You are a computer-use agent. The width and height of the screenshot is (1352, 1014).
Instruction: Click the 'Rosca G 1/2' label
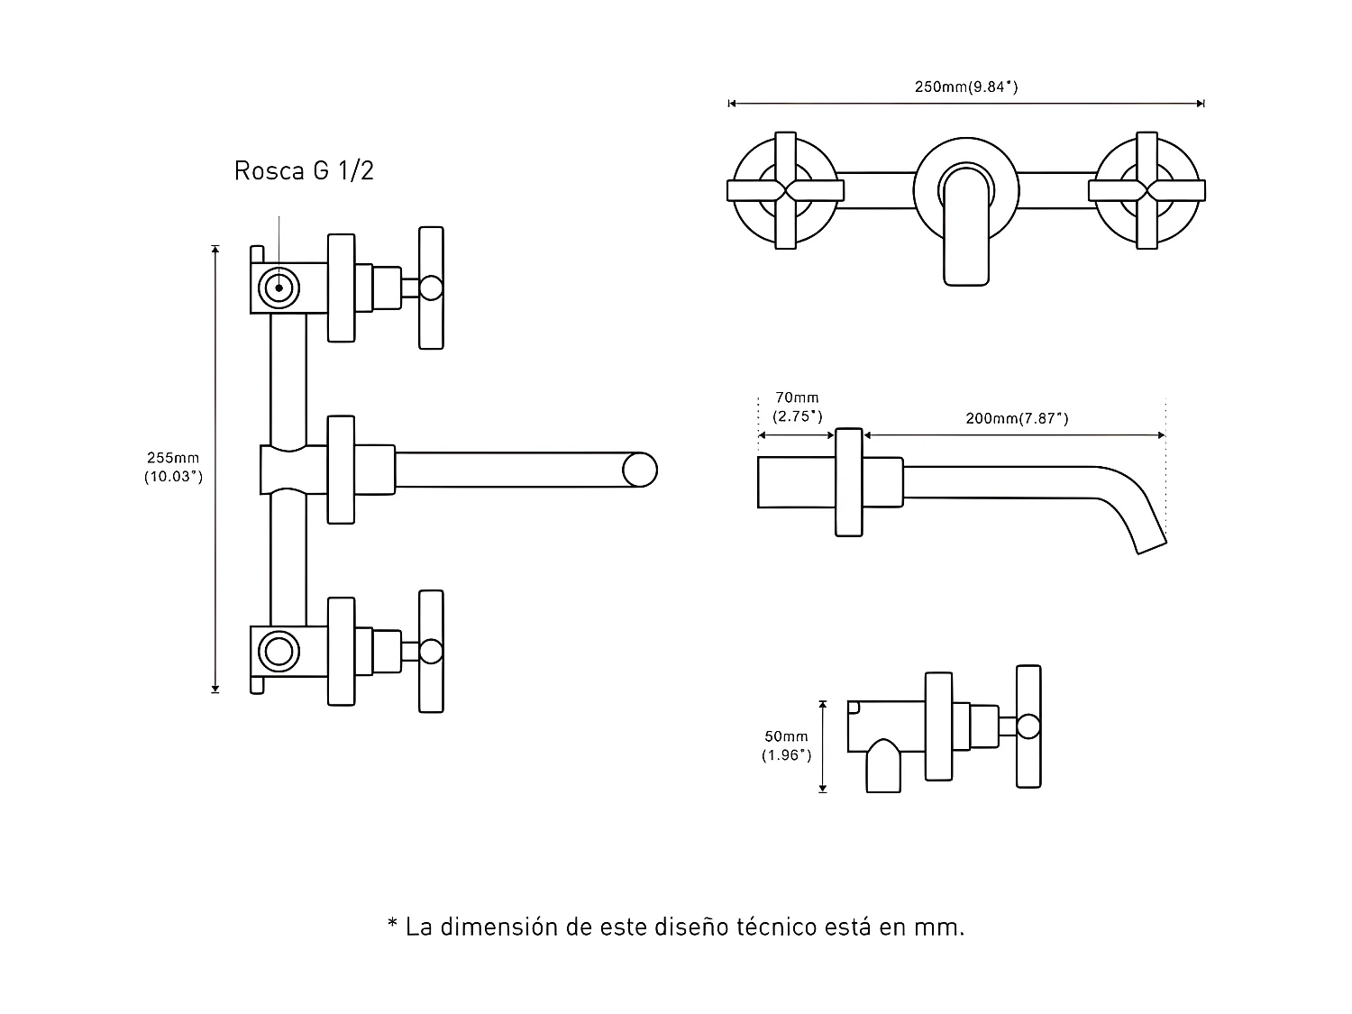304,170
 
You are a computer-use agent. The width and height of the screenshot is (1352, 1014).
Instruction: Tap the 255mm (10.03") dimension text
173,468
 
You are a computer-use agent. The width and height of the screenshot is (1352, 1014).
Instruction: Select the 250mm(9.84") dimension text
965,87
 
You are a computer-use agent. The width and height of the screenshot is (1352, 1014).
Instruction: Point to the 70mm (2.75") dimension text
797,407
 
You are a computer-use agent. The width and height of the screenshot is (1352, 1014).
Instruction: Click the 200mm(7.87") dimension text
1017,418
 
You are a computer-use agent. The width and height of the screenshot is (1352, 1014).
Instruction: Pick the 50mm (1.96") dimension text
786,746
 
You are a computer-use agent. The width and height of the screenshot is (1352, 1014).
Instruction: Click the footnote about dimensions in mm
675,927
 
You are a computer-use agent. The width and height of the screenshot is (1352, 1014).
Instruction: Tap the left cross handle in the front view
785,190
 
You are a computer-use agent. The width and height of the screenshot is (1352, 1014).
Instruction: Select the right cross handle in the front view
1146,190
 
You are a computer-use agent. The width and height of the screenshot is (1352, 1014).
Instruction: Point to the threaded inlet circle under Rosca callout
279,288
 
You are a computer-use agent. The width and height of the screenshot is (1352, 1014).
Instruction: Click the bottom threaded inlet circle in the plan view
279,651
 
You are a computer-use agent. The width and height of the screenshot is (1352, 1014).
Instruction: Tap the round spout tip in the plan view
639,470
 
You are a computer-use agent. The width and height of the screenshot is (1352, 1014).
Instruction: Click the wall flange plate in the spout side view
848,482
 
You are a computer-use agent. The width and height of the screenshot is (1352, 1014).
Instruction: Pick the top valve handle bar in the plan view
431,288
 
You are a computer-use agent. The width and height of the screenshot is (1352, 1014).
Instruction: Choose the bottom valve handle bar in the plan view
431,651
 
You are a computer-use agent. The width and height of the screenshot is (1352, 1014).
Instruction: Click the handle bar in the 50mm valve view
1028,727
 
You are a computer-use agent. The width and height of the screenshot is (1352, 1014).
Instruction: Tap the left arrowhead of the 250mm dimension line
732,104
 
